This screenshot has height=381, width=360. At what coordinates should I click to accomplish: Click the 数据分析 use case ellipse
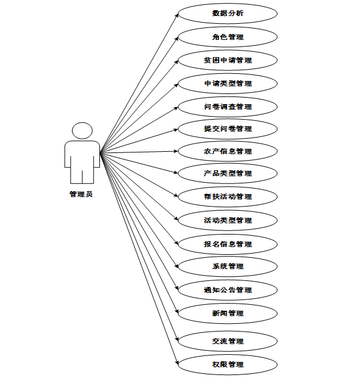click(227, 14)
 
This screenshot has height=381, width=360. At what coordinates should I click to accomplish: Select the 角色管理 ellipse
click(227, 37)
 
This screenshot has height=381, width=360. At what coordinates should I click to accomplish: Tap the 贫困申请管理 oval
click(227, 60)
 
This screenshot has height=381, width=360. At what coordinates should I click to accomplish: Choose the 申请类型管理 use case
click(227, 83)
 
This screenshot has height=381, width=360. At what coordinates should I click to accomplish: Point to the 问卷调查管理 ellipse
click(227, 107)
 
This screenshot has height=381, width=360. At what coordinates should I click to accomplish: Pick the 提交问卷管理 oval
click(227, 129)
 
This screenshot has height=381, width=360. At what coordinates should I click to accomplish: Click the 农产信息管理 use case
click(227, 151)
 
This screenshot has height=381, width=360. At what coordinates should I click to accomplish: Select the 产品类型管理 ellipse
click(227, 173)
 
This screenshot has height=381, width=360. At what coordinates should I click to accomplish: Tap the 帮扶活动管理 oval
click(227, 196)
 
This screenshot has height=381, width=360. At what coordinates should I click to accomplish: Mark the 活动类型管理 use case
click(227, 220)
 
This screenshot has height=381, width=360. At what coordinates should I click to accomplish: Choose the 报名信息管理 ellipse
click(227, 244)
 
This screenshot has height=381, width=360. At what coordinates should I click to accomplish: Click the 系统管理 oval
click(227, 266)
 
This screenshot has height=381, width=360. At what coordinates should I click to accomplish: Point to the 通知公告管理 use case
click(227, 290)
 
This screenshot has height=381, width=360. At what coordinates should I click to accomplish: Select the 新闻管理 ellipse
click(227, 313)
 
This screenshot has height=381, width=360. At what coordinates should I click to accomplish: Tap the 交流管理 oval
click(227, 341)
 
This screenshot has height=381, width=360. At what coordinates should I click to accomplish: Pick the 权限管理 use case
click(227, 364)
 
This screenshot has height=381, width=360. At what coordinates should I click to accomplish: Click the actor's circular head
click(82, 132)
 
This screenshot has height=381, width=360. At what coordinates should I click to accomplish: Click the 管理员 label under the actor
click(81, 194)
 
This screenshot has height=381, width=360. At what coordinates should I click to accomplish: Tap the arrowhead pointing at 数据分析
click(177, 15)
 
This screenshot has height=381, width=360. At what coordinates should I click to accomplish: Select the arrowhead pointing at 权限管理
click(177, 362)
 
